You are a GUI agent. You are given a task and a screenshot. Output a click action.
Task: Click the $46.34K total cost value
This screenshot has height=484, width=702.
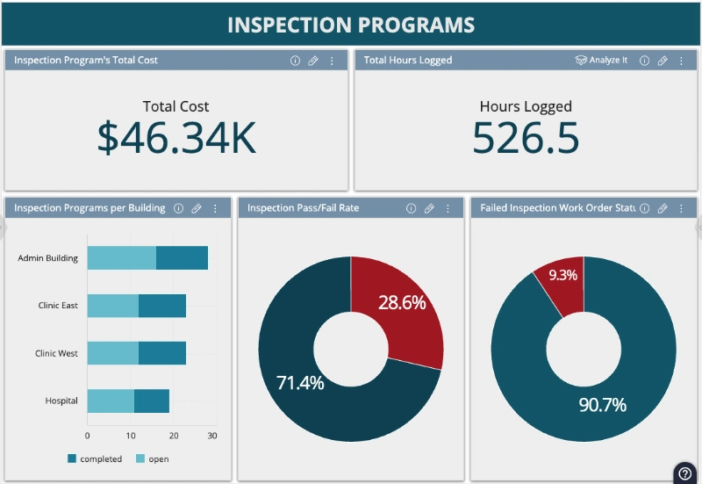[176, 138]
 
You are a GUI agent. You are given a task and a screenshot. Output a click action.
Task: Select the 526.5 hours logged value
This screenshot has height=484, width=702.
[526, 138]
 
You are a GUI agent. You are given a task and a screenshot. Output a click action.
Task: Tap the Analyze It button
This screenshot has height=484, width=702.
[602, 61]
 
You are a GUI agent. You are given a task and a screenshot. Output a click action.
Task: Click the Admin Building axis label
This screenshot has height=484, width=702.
[48, 258]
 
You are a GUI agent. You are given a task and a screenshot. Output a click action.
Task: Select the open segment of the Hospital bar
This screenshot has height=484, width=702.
[111, 401]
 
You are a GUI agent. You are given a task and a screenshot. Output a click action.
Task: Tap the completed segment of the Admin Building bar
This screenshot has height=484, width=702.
[182, 258]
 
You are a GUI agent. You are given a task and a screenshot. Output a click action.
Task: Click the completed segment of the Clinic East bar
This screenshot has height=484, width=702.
[162, 306]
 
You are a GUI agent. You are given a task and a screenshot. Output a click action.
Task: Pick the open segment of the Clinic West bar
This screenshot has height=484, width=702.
[112, 353]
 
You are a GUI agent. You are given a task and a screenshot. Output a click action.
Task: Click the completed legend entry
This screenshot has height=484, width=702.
[94, 459]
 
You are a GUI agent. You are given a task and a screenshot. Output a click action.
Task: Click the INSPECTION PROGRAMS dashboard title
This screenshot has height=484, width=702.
[351, 25]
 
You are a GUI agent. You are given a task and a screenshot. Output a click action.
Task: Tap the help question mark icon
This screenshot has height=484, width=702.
[685, 473]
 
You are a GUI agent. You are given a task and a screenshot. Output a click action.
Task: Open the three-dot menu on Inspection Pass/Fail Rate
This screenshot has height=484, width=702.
[448, 208]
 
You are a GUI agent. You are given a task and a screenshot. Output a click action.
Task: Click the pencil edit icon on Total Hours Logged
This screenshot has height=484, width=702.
[663, 61]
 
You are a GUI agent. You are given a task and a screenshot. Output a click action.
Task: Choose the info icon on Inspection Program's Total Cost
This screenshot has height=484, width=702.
[295, 61]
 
